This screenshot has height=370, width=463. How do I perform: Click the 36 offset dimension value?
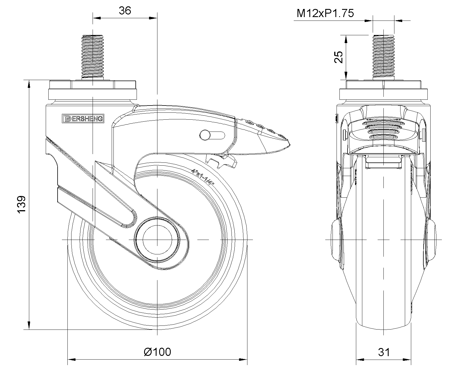[125, 10]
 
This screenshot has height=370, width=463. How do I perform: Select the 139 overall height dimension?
[21, 204]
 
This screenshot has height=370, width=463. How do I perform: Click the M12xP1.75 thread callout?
[325, 13]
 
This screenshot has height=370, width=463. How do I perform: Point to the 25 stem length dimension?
[339, 57]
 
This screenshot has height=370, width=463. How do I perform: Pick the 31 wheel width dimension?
[384, 352]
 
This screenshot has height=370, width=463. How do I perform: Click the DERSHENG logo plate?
[83, 119]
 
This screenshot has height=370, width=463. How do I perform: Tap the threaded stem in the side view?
[93, 57]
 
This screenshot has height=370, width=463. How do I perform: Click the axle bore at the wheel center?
[157, 240]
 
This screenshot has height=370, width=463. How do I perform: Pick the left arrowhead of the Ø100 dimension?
[72, 360]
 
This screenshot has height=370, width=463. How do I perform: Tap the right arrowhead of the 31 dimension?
[407, 360]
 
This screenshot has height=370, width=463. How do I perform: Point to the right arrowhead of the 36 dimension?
[153, 18]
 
